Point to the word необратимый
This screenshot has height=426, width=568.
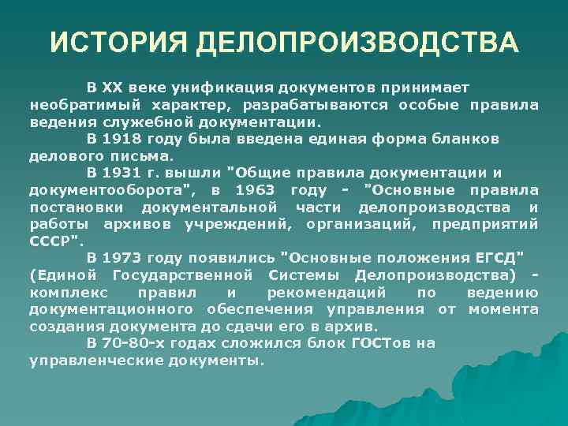click(x=76, y=104)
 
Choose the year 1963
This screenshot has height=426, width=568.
click(x=256, y=190)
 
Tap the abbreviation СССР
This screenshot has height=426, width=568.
click(x=54, y=241)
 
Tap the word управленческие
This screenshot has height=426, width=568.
click(x=92, y=361)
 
